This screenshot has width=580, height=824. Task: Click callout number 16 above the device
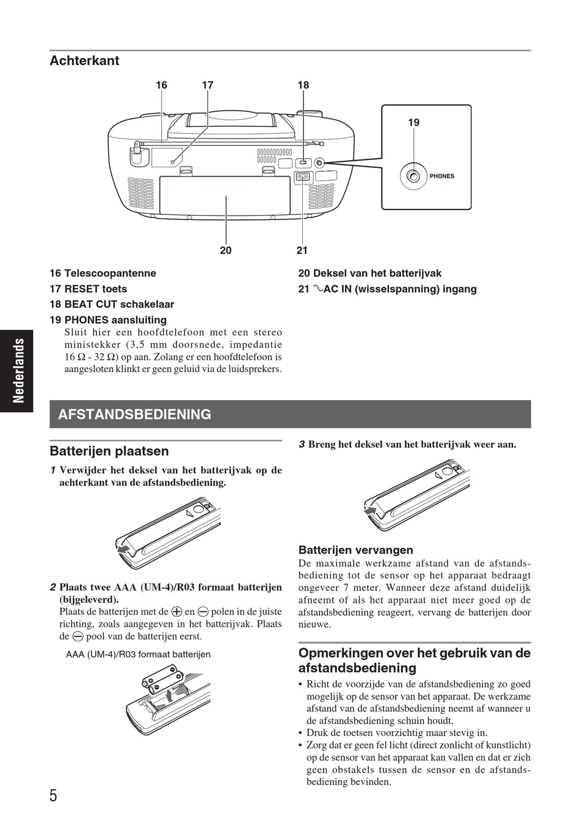161,86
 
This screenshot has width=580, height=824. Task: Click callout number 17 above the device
208,86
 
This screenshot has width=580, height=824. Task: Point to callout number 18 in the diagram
303,86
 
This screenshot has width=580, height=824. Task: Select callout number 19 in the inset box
414,123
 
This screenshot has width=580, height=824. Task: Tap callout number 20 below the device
226,250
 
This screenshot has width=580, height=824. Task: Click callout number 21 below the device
302,250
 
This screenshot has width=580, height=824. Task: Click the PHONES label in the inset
442,176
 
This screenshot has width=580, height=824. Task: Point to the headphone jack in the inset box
414,177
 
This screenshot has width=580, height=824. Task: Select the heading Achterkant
84,60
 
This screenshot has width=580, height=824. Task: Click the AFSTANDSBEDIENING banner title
134,414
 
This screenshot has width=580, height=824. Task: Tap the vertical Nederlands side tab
18,370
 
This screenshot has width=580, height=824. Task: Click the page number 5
54,796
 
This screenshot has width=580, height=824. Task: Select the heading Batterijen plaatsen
109,451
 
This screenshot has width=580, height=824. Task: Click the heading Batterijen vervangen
355,550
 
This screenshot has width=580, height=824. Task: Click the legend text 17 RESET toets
89,289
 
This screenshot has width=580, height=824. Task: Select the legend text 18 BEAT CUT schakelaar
112,304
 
